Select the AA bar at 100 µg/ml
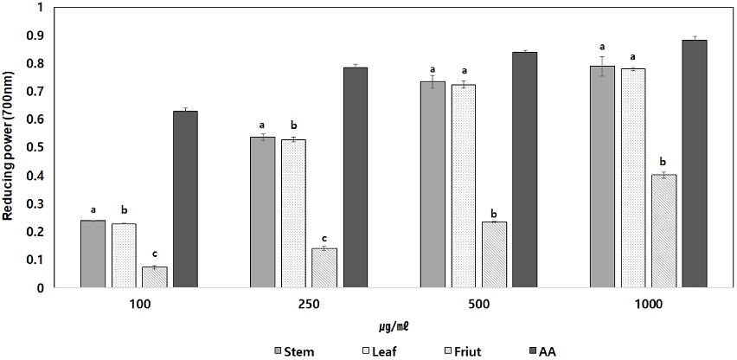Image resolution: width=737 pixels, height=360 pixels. [185, 199]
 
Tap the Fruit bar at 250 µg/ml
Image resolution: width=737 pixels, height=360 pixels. [324, 268]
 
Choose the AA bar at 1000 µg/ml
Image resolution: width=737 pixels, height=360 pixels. [695, 164]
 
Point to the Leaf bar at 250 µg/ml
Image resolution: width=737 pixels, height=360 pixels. [293, 213]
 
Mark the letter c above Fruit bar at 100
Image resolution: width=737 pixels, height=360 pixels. [154, 253]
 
